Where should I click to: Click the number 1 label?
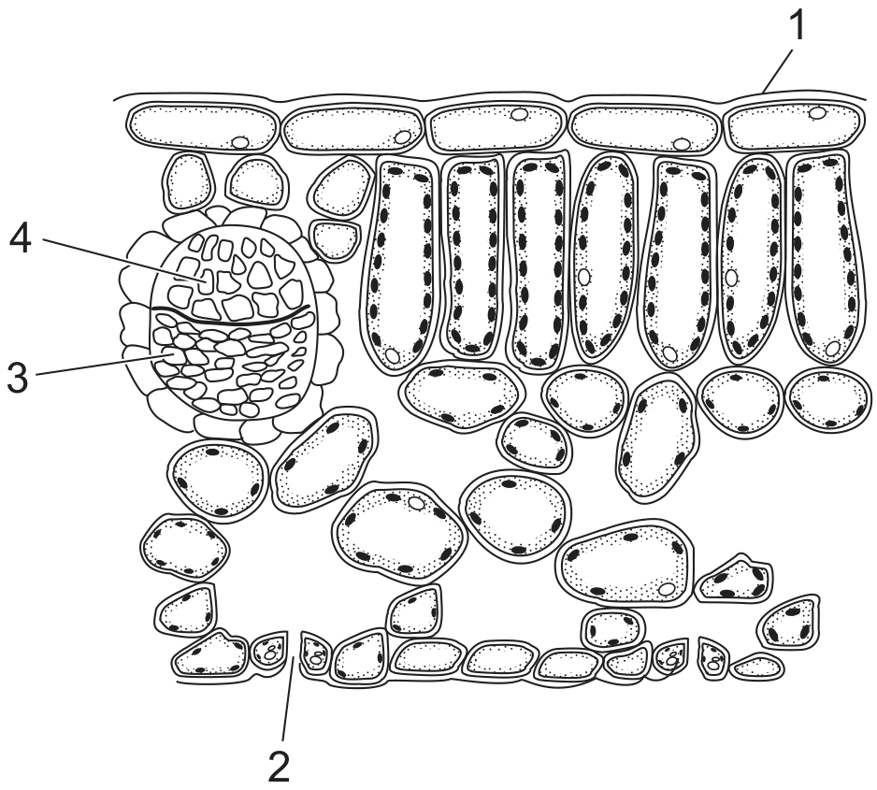[x=796, y=26]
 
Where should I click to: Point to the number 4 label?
[x=21, y=239]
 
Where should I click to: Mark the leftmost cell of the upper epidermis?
[x=203, y=127]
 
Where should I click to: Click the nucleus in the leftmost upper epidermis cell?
[x=241, y=142]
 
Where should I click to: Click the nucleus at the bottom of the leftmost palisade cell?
[x=393, y=355]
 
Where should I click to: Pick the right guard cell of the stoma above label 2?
[x=315, y=653]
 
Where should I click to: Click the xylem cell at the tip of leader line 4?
[x=207, y=280]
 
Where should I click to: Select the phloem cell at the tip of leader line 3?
[x=172, y=356]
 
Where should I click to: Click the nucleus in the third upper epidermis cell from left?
[x=520, y=115]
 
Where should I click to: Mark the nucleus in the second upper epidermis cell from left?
[x=402, y=136]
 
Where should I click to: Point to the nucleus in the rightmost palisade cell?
[x=833, y=349]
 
